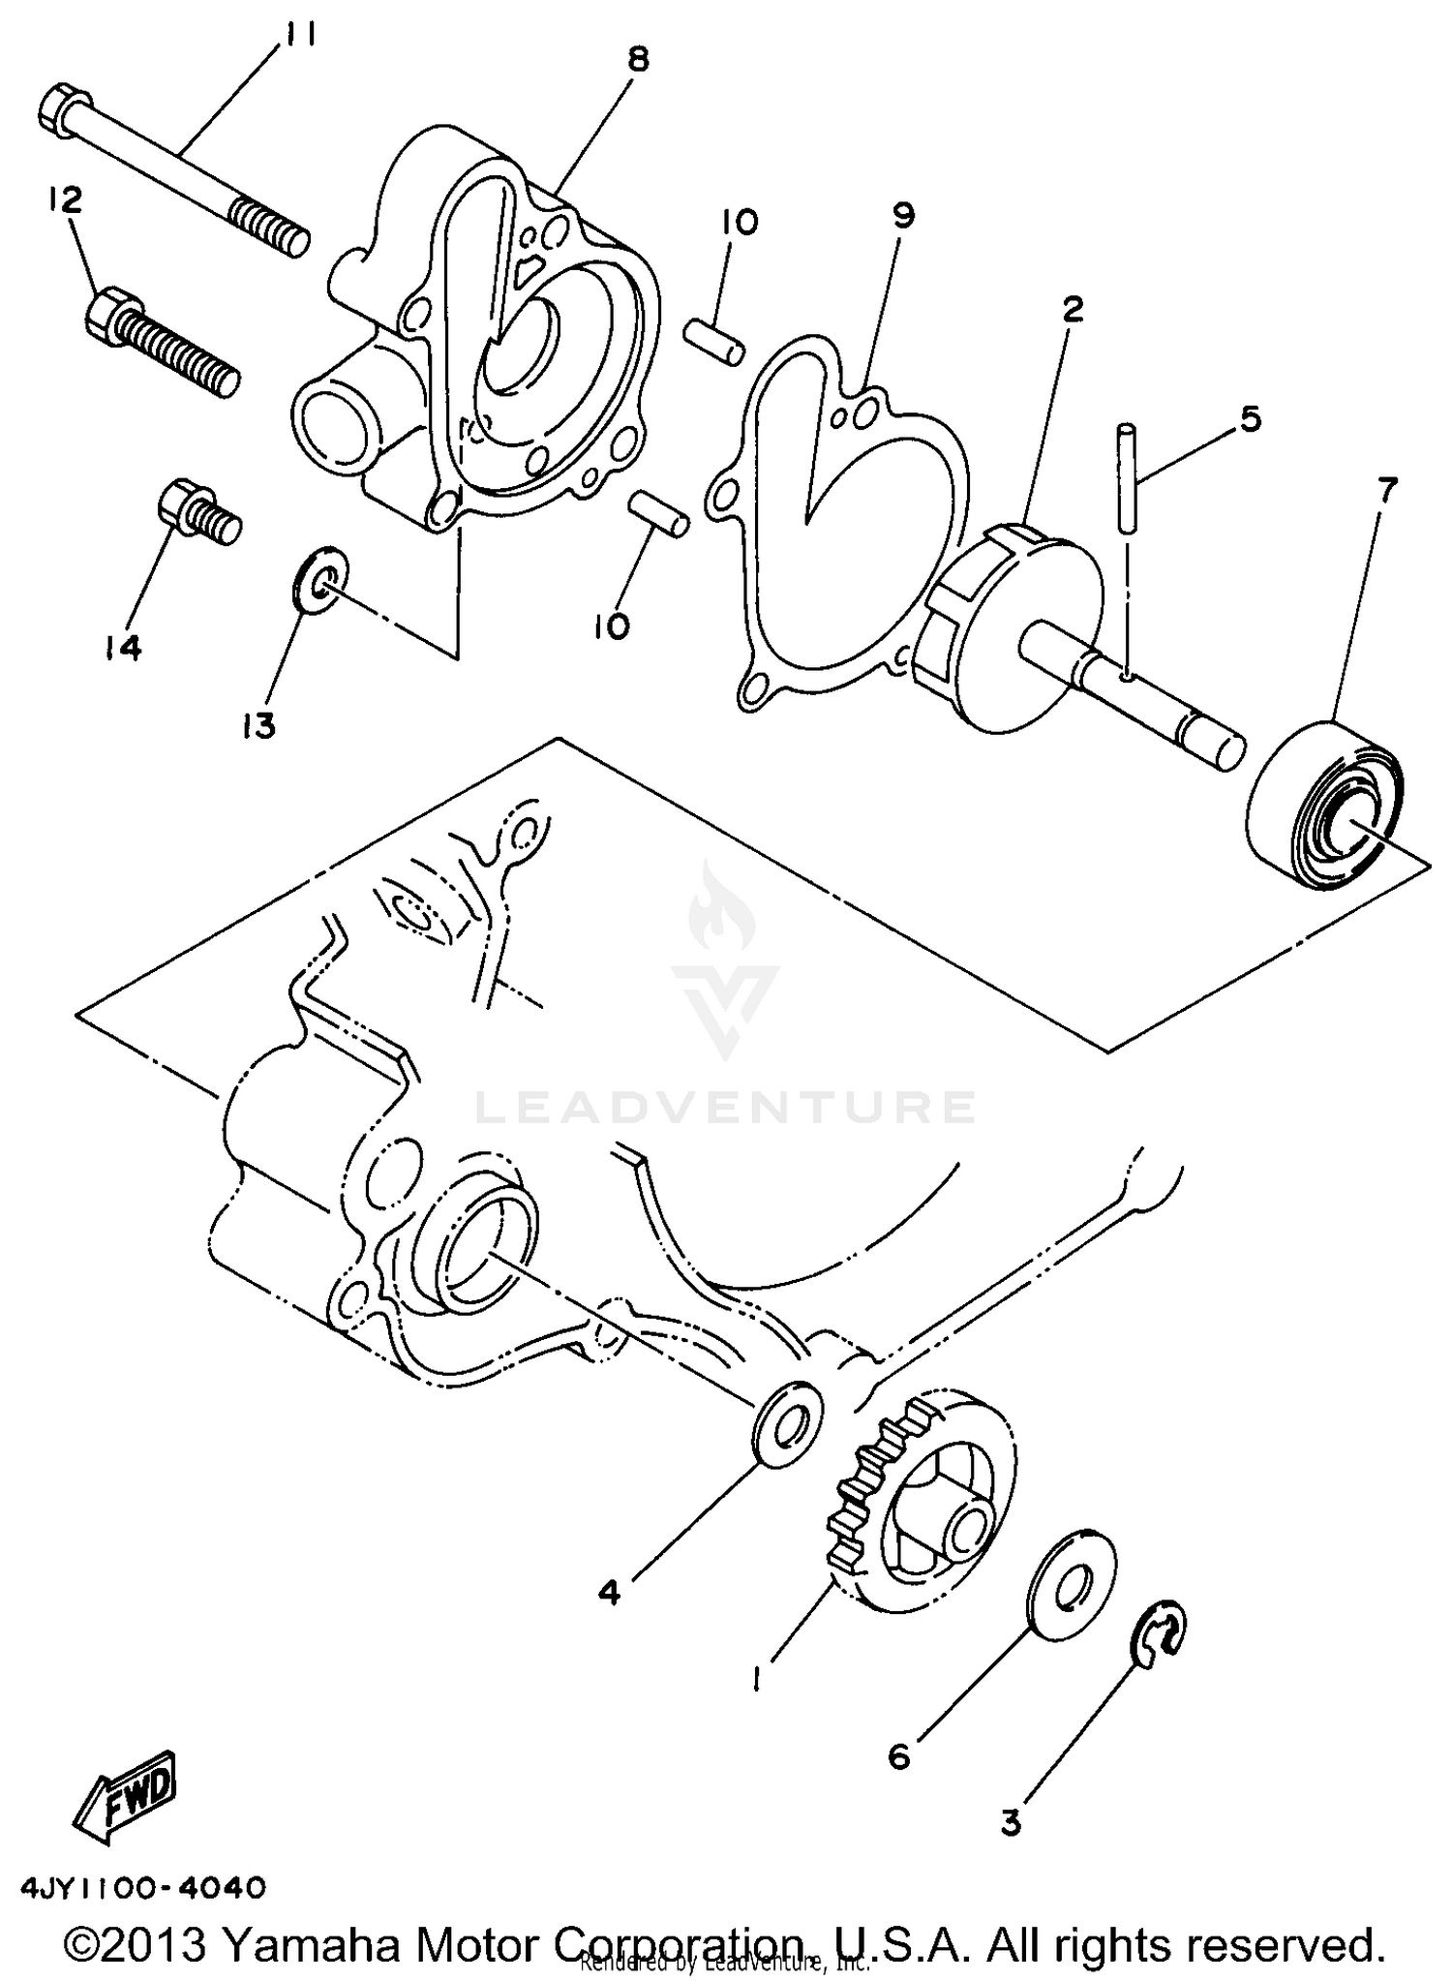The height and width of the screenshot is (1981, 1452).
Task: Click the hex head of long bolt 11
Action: pyautogui.click(x=64, y=108)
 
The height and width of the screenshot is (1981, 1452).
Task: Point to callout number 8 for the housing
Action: pyautogui.click(x=636, y=61)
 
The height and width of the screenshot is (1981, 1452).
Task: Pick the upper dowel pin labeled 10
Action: pyautogui.click(x=714, y=340)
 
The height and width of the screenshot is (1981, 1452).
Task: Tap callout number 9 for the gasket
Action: pyautogui.click(x=902, y=215)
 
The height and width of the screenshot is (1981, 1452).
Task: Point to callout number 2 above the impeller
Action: pyautogui.click(x=1072, y=310)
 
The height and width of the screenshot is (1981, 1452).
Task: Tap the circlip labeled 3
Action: pyautogui.click(x=1158, y=1638)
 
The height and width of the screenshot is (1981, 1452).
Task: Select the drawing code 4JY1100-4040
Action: pyautogui.click(x=141, y=1887)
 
